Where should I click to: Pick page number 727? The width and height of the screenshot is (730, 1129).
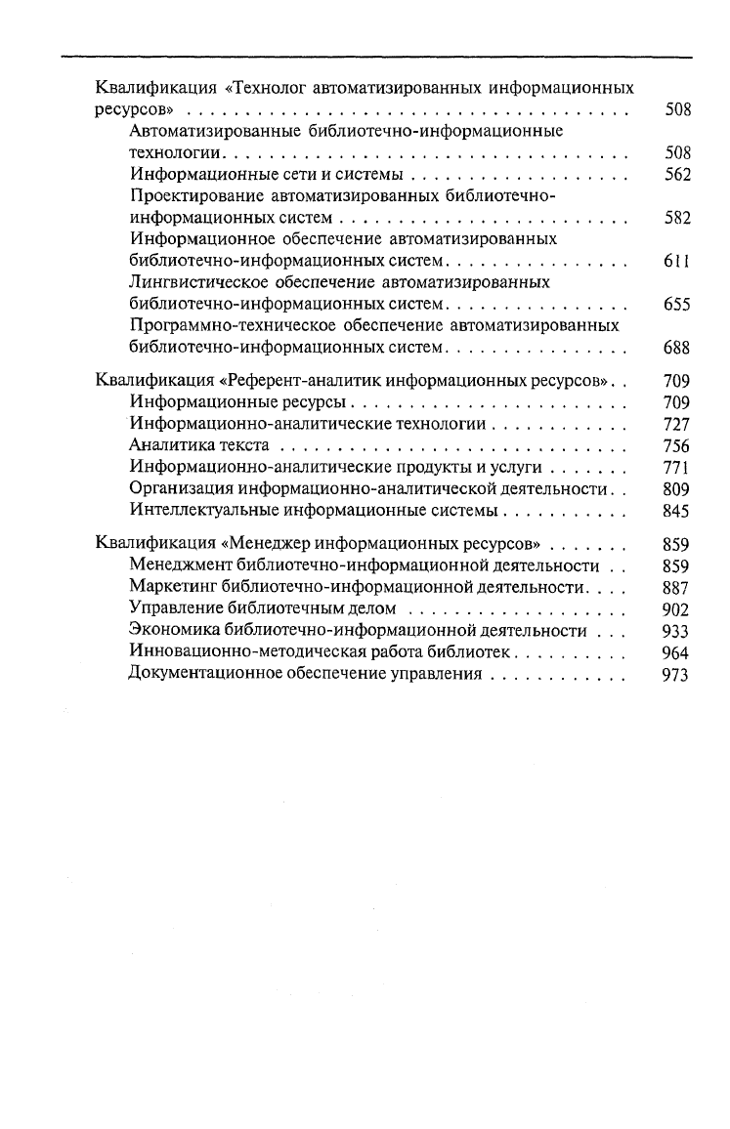676,424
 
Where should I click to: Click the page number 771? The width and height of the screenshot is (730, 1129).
676,467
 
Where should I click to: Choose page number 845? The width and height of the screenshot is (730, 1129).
676,510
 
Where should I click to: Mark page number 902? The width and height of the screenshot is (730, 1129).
676,609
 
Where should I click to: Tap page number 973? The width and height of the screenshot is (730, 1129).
676,675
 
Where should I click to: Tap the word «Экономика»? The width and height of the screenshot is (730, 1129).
174,631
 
